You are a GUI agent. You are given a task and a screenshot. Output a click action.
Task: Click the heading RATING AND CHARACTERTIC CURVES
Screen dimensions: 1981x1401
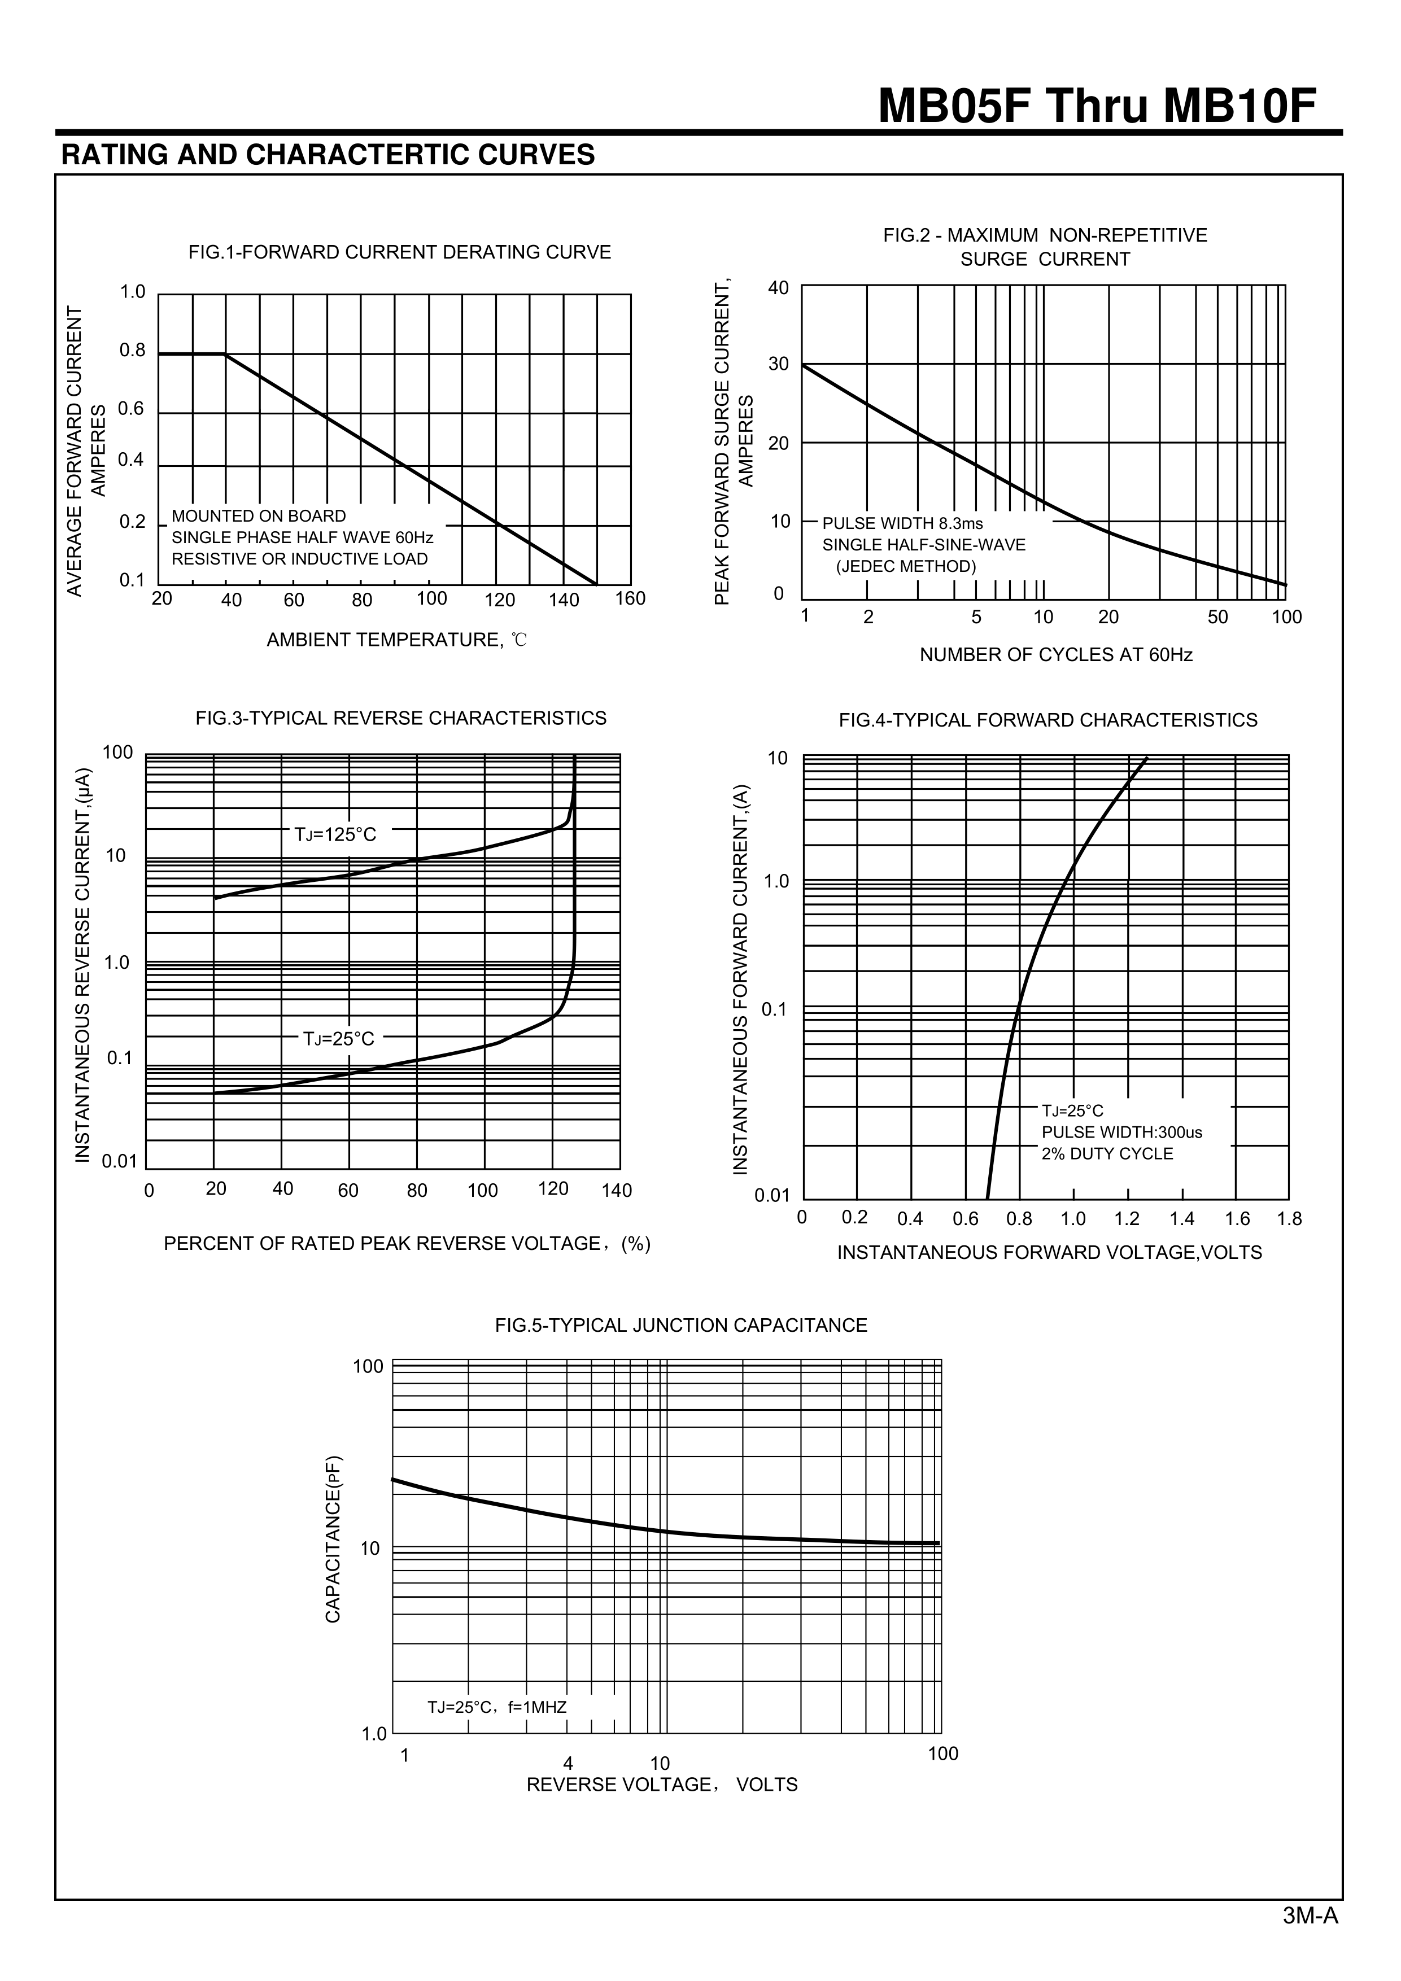328,155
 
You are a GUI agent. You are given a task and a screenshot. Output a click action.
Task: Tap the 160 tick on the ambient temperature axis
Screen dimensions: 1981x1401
630,599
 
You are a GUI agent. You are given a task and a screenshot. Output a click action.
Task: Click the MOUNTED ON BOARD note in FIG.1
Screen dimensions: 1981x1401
259,516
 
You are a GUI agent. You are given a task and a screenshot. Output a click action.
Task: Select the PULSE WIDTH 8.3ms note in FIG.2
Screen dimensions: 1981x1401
902,524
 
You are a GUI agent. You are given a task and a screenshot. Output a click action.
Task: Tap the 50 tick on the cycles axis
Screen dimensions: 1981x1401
1217,617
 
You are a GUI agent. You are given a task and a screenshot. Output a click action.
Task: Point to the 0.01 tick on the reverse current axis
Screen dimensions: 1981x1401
120,1161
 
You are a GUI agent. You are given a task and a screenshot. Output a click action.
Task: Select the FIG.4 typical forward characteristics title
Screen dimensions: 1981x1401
1048,720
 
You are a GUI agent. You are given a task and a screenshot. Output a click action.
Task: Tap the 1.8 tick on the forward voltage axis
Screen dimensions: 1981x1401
1289,1219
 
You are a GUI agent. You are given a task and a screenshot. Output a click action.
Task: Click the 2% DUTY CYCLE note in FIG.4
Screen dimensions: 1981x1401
1107,1155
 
